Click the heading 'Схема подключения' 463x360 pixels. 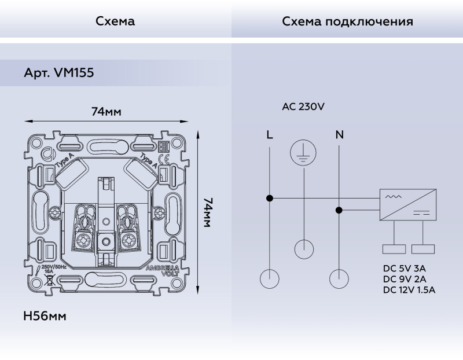coord(347,22)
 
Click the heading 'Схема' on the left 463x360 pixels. coord(115,22)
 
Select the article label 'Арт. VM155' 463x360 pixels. coord(59,74)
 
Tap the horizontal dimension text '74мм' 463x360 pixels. coord(106,112)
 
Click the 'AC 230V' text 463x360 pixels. coord(303,106)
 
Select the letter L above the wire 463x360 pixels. coord(270,135)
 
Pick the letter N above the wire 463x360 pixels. coord(339,135)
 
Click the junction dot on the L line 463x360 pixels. coord(270,199)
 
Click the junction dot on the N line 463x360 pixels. coord(339,210)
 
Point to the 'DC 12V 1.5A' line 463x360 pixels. coord(409,290)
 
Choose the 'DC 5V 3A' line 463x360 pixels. coord(404,269)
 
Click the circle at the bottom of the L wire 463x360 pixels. coord(270,279)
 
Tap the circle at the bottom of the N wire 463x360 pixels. coord(339,279)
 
